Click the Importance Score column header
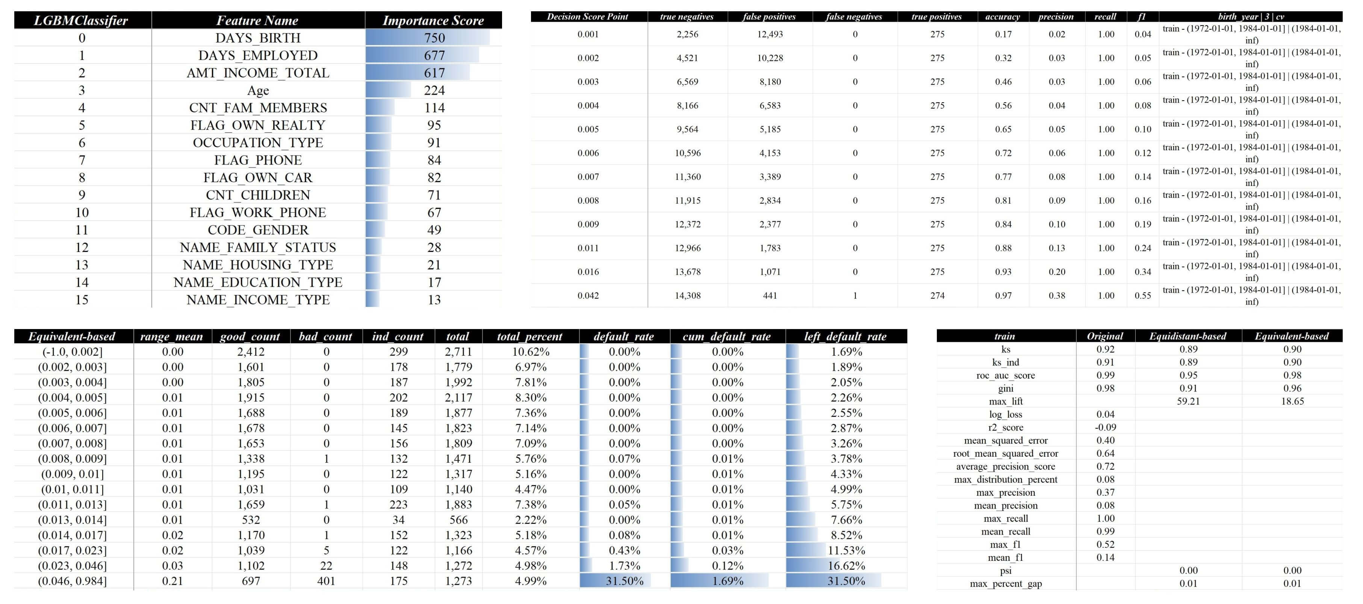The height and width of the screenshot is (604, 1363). coord(433,21)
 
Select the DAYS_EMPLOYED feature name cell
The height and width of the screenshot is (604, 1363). coord(258,56)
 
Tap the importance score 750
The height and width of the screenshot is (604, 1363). coord(434,38)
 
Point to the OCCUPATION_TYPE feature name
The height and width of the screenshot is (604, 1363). coord(258,143)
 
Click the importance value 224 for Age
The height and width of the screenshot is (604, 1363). coord(434,91)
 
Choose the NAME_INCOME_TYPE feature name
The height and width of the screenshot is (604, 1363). coord(258,300)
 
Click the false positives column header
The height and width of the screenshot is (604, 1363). coord(769,17)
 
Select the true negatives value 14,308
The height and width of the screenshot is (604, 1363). coord(687,296)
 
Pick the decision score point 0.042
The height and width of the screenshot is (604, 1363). coord(588,296)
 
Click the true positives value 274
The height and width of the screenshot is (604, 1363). coord(937,296)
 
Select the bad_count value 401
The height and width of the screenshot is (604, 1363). coord(326,581)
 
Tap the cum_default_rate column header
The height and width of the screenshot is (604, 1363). coord(727,337)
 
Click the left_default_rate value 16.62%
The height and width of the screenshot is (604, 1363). coord(846,565)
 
